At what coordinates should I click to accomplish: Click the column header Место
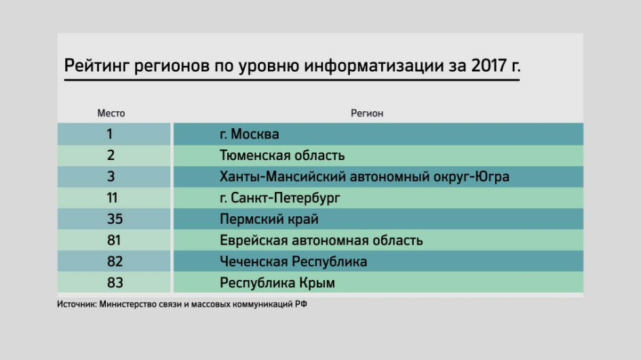coord(111,113)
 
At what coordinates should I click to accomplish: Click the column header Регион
coord(367,113)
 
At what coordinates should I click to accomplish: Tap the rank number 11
coord(112,198)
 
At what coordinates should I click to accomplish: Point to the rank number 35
coord(115,219)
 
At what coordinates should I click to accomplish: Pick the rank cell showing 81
coord(114,240)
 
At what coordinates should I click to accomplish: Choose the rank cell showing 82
coord(115,262)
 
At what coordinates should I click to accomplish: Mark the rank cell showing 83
coord(115,283)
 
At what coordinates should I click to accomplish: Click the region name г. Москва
coord(250,134)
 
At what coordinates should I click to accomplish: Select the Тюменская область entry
coord(282,155)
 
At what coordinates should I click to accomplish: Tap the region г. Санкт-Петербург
coord(279,198)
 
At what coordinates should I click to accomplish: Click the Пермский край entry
coord(269,220)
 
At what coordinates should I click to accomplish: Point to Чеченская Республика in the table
coord(293,262)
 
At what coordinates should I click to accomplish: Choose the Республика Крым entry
coord(277,283)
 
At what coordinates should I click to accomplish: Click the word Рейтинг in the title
coord(96,66)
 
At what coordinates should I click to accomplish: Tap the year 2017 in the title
coord(489,65)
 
